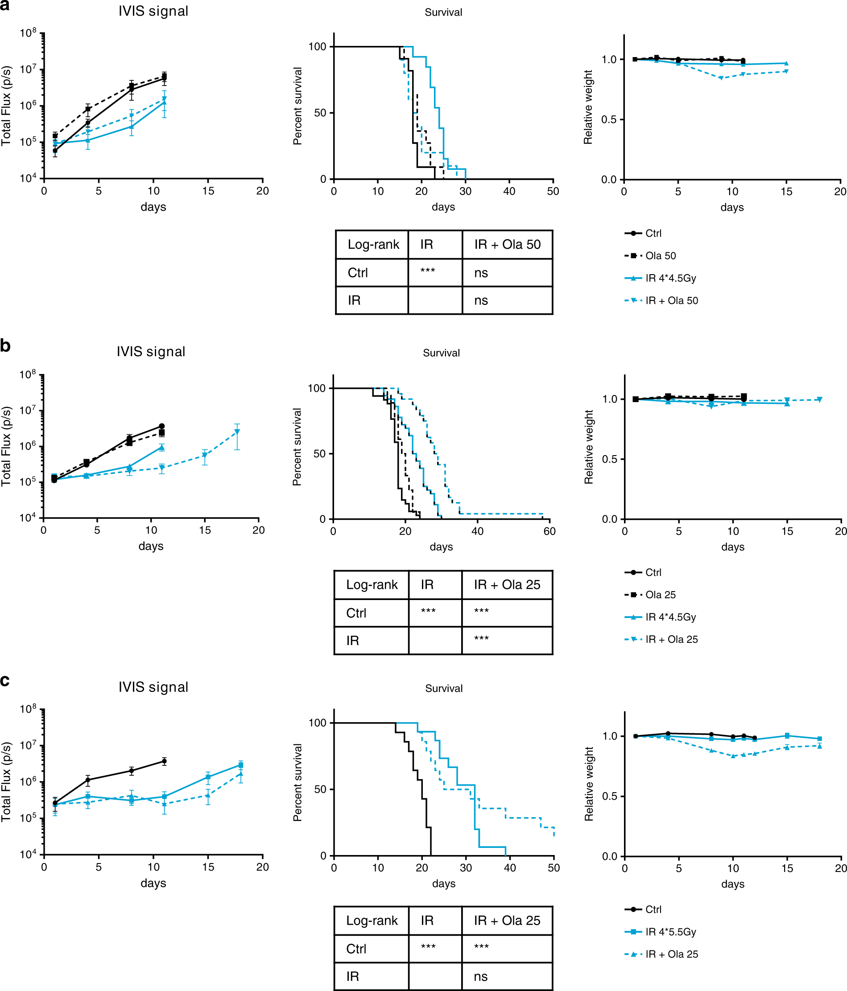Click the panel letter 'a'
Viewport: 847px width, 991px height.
coord(5,6)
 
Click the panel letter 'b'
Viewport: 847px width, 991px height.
coord(5,345)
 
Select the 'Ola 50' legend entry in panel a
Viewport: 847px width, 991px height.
coord(660,256)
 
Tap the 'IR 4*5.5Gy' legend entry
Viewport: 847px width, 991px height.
coord(670,932)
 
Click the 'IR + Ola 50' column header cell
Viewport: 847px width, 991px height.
coord(507,244)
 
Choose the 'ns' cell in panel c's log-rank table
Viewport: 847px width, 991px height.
coord(480,976)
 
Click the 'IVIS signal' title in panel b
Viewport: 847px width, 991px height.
coord(151,352)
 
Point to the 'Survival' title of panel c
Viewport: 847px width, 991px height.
coord(444,688)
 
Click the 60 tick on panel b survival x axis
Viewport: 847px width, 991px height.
coord(550,531)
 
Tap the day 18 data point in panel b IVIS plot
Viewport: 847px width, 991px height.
coord(237,432)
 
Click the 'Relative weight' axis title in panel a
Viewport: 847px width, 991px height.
coord(588,107)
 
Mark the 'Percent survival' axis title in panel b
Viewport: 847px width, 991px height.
coord(297,447)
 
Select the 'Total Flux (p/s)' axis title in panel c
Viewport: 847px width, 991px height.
coord(6,782)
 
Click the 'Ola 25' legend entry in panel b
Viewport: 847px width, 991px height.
coord(660,595)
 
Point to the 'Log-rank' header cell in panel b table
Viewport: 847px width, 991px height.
coord(372,584)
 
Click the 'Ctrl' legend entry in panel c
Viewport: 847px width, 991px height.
coord(653,909)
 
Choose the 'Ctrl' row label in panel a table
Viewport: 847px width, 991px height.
coord(357,273)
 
